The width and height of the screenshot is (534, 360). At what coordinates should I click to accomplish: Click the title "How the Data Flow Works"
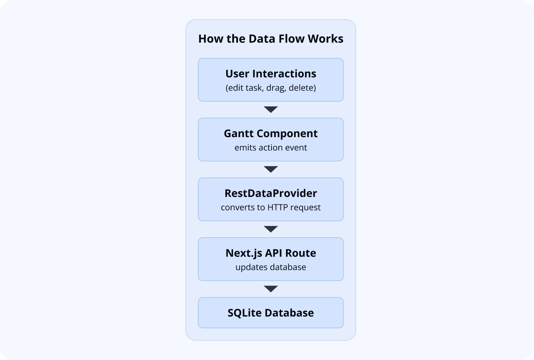[271, 39]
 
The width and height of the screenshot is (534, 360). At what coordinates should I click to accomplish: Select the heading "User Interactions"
[271, 74]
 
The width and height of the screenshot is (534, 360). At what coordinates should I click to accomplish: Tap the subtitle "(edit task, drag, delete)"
[271, 88]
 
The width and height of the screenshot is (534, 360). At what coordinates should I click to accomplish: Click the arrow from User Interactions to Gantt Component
[271, 110]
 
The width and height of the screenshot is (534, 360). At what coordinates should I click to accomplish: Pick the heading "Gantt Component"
[271, 133]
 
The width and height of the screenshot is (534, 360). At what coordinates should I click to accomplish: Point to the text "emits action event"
[271, 148]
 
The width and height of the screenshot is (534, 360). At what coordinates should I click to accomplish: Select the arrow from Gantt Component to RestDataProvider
[271, 169]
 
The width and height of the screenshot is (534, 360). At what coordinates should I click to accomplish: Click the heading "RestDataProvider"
[271, 193]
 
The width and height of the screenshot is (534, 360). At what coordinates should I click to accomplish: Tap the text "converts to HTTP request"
[271, 208]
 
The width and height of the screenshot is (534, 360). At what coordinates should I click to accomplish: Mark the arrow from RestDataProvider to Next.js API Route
[271, 229]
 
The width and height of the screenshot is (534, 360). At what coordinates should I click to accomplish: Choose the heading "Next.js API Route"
[271, 253]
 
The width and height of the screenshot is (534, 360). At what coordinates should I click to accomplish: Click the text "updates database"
[271, 267]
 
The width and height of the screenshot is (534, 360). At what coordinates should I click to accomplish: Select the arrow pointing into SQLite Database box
[271, 289]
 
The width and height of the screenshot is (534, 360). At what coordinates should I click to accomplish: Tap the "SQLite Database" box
[271, 313]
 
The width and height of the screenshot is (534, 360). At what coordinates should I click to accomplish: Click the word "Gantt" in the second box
[239, 133]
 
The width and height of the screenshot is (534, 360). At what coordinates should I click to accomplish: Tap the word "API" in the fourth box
[274, 253]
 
